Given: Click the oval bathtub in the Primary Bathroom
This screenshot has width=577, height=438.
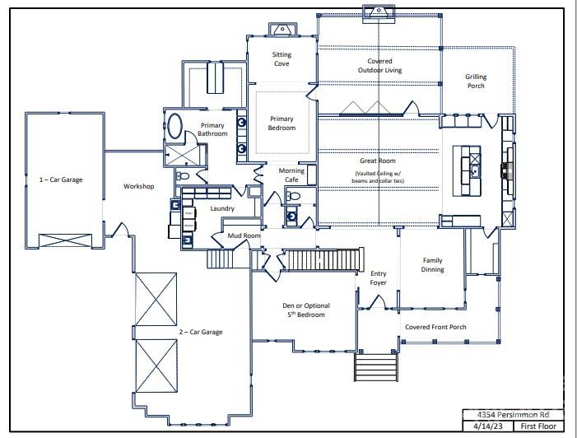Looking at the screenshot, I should [176, 127].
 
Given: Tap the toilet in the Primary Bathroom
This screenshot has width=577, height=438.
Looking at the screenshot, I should [183, 175].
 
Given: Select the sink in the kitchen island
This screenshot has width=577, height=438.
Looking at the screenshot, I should [476, 171].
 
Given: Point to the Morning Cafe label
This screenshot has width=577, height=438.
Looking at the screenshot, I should [291, 175].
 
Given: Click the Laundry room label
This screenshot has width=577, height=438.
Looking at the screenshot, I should [222, 208].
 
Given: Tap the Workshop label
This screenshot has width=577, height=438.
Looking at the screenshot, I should [138, 186].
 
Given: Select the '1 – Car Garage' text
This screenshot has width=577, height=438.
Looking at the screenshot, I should [61, 179].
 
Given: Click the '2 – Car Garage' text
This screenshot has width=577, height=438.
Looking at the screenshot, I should [202, 332].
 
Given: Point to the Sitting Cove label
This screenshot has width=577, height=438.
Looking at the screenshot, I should [282, 60].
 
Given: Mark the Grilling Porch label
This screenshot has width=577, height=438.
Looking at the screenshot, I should [476, 81].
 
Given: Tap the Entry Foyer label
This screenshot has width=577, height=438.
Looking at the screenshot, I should [378, 278].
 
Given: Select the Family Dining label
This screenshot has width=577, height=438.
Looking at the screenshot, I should [433, 264].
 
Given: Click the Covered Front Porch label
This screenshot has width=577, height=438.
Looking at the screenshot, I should [435, 327].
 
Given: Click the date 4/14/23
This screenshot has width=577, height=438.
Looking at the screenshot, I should [486, 427].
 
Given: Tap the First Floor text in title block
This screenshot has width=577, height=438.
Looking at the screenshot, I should [538, 427].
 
